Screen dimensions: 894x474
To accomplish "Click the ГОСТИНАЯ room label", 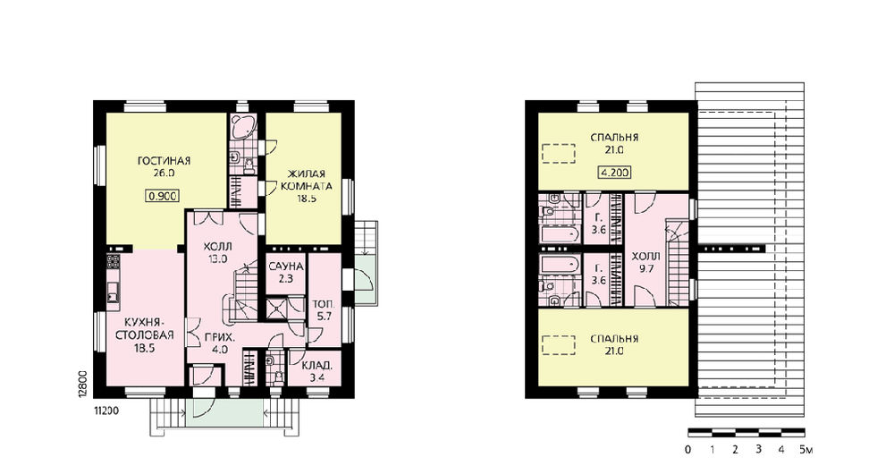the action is point(164,161).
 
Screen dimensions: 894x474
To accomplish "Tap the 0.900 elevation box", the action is point(163,196).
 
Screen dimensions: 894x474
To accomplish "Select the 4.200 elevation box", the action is point(615,173).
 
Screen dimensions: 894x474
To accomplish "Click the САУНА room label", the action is point(286,267).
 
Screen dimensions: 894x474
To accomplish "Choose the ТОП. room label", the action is point(324,304).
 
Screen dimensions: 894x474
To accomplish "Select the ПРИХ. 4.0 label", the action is point(219,343).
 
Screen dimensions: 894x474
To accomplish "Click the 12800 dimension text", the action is point(82,383).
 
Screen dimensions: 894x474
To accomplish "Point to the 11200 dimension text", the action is point(106,411).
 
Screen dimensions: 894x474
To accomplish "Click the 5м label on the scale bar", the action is point(805,450).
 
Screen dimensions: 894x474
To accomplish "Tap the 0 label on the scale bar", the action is point(688,450).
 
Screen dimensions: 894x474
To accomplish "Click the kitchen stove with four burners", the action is point(113,262).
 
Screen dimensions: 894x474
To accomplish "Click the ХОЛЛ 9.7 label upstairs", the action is point(646,262).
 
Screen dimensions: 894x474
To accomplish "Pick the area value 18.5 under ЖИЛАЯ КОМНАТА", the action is point(306,199).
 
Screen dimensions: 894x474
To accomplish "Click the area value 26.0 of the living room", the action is point(164,174).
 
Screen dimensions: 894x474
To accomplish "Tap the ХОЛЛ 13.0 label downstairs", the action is point(218,253).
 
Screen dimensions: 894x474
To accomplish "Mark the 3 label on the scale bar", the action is point(758,450).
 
